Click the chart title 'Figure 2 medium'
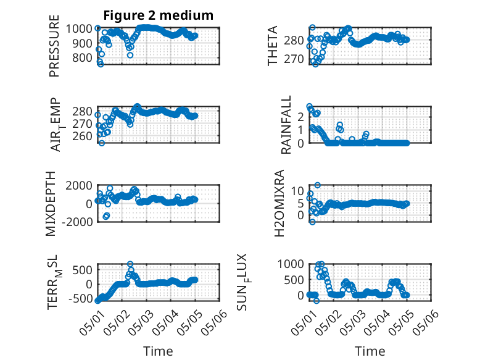pos(159,15)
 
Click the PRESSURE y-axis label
pos(54,46)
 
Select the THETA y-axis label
pos(272,46)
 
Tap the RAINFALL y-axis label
pos(286,125)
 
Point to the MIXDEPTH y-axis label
pos(51,204)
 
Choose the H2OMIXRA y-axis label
pos(279,203)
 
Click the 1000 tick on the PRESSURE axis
pos(79,29)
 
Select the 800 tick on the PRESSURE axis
pos(82,57)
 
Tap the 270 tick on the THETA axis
pos(294,59)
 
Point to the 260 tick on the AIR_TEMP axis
pos(82,136)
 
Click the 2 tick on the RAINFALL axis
pos(300,117)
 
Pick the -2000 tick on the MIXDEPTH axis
pos(77,222)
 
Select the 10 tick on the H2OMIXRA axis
pos(297,191)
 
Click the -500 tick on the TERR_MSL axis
pos(80,298)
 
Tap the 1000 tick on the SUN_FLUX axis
pos(291,264)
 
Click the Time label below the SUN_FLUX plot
pos(370,351)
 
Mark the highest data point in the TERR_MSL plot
pos(130,264)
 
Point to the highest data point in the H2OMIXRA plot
pos(318,185)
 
